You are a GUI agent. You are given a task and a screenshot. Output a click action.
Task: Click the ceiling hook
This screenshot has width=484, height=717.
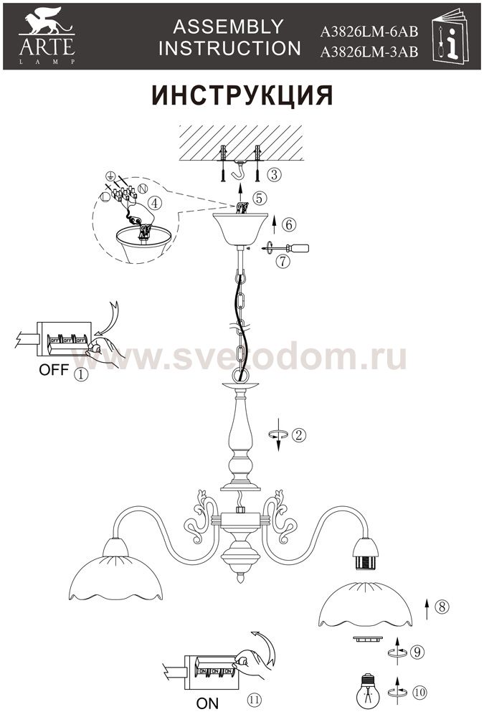[x=238, y=171]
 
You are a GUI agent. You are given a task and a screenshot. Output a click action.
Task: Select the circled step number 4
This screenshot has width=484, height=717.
[x=155, y=203]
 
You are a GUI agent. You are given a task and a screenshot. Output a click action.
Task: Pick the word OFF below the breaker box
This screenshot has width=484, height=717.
[x=54, y=369]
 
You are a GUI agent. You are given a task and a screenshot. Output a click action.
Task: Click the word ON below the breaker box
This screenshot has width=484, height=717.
[x=207, y=703]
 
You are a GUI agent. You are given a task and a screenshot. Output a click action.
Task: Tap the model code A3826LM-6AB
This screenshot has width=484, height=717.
[x=369, y=32]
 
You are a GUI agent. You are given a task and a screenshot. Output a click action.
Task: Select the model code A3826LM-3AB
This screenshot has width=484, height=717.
[x=369, y=52]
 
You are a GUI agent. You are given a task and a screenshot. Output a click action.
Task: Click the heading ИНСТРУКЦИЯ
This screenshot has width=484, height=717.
[x=242, y=95]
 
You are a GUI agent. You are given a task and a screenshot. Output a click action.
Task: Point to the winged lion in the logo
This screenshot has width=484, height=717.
[x=45, y=22]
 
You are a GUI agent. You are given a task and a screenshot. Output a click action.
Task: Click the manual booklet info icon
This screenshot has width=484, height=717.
[x=450, y=36]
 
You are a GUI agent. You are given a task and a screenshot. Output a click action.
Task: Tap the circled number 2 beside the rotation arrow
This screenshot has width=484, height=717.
[x=299, y=435]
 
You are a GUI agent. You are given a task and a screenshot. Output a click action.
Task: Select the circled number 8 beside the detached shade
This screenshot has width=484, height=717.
[x=442, y=607]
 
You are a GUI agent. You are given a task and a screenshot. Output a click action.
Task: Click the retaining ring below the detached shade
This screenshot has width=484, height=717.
[x=366, y=639]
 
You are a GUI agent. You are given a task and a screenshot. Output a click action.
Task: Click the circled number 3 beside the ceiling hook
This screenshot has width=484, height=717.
[x=274, y=174]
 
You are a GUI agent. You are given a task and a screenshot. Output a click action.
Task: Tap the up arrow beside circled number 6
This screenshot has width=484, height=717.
[x=274, y=224]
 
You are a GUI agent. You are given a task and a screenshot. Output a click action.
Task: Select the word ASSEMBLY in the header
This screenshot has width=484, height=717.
[x=228, y=27]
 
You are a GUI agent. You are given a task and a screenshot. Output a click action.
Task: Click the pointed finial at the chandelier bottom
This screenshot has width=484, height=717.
[x=239, y=578]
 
